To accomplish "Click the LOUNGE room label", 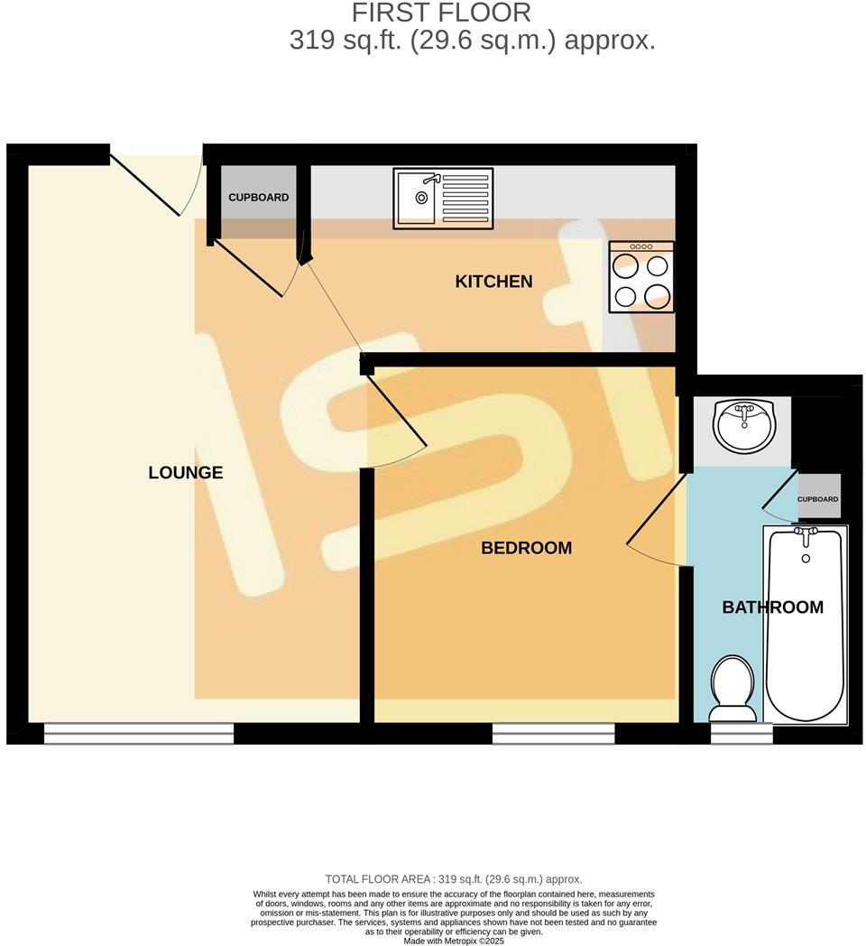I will [x=185, y=472].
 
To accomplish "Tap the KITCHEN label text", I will [x=493, y=282].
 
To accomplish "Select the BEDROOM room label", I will [x=526, y=548].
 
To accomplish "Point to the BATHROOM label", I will [x=772, y=607].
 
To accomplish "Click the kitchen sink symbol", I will [x=443, y=198].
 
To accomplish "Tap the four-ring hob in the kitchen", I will [x=641, y=277].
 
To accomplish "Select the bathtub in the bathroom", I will [x=806, y=623].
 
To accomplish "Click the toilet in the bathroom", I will [x=732, y=688].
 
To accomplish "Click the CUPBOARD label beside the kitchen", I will [x=258, y=198].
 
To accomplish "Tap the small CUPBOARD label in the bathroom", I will [x=818, y=499].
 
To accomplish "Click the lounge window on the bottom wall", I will [x=139, y=733].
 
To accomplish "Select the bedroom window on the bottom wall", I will [x=553, y=733].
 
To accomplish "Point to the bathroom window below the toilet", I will [x=742, y=733].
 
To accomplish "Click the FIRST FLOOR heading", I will [x=441, y=14].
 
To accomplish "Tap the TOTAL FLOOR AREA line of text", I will [x=454, y=878].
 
